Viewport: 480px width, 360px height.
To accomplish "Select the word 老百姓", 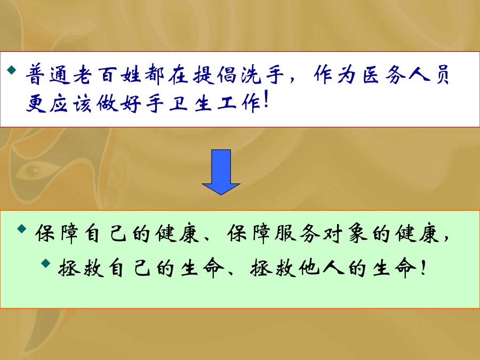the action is point(107,74).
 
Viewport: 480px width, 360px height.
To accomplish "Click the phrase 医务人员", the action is point(406,74).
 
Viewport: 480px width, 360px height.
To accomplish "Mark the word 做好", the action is point(119,103).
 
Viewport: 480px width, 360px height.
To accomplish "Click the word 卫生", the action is point(190,103).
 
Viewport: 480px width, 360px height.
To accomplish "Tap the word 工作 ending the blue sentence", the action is point(239,103).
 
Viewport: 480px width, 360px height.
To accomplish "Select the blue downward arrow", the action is point(221,172).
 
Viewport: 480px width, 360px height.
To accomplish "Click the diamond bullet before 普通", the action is point(12,70).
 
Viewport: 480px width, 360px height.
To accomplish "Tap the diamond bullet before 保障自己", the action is point(22,228).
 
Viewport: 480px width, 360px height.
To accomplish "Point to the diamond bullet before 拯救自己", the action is point(46,263).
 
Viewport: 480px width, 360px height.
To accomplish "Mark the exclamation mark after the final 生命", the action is point(423,267).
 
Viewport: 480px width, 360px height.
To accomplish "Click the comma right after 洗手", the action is point(292,79).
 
